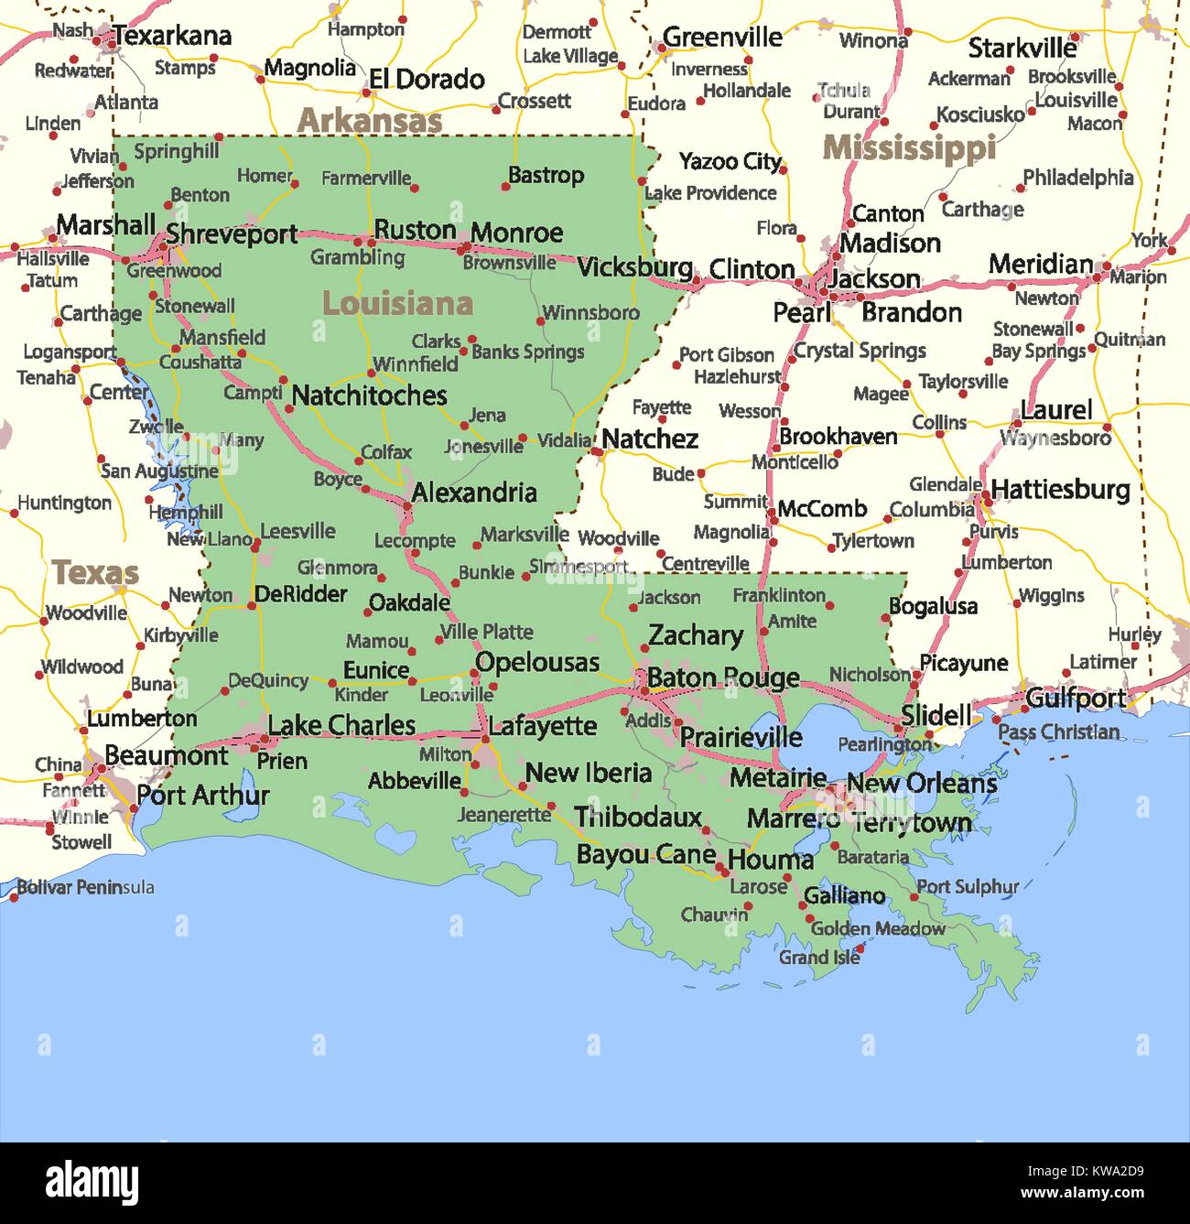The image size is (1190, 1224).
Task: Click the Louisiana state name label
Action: point(397,304)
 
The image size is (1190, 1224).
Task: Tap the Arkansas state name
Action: point(370,120)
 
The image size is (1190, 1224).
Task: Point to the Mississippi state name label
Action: point(909,147)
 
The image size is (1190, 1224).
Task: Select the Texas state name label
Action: point(95,573)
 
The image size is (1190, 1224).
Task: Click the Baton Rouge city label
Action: point(723,678)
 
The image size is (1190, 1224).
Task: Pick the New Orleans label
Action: point(921,784)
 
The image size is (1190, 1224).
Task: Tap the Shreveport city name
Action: point(232,234)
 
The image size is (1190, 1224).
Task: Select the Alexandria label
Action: point(474,493)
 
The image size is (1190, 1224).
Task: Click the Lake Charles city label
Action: point(341,726)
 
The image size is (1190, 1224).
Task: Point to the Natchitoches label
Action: point(369,395)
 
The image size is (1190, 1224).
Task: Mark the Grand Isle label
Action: point(819,958)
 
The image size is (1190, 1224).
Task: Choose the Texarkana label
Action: point(172,37)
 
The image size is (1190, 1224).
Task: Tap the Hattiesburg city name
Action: point(1060,490)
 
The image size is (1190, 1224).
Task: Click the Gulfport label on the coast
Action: point(1076,699)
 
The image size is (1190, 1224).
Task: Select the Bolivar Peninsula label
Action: point(86,887)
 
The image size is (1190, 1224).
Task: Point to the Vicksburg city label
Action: point(634,267)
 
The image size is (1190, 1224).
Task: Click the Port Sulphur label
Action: point(968,886)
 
